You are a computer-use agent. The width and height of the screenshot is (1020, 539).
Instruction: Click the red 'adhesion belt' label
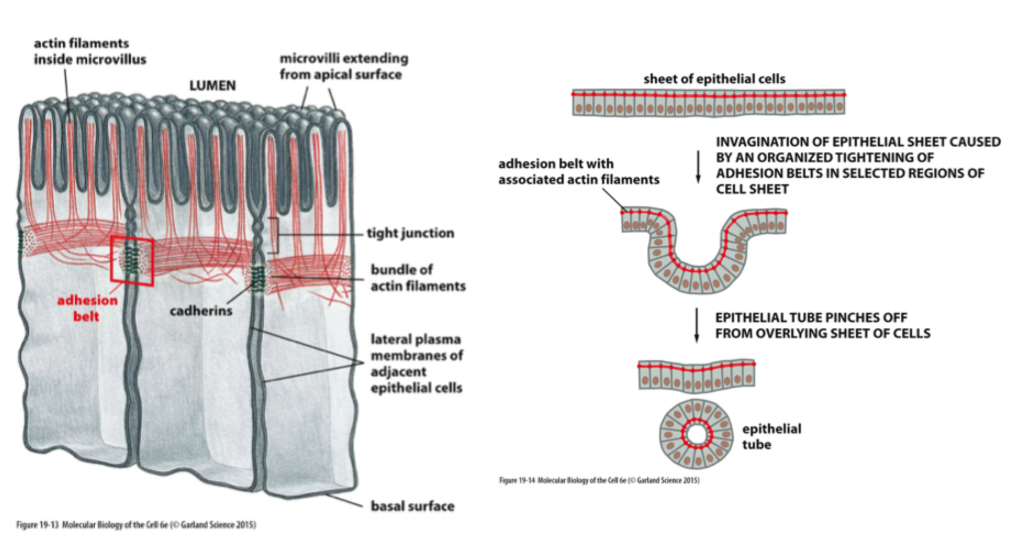pos(87,308)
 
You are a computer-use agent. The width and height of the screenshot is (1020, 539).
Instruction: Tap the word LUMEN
pos(212,86)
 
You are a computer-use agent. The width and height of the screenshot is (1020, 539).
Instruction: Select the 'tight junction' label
pos(410,233)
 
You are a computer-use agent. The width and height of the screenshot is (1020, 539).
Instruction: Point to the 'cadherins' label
pos(201,311)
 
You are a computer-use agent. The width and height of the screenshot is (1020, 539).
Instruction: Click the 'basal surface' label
pos(412,506)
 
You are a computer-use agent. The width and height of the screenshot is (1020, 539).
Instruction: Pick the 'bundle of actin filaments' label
pos(418,278)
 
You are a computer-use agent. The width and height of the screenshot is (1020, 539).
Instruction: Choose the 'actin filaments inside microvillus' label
pos(90,51)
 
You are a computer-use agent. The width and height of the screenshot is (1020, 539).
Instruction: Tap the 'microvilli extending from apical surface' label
pos(343,66)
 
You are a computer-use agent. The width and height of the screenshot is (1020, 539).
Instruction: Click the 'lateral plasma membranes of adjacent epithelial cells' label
pos(417,364)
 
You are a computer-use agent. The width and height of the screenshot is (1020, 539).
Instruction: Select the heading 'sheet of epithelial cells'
pos(714,79)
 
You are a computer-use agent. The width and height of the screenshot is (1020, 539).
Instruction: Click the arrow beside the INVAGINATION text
pos(698,166)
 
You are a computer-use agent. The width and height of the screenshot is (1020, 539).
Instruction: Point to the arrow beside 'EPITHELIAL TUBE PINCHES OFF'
pos(697,325)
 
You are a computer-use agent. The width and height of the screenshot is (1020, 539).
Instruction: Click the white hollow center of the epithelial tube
pos(696,435)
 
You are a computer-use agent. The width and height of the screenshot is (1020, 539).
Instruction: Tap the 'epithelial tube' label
pos(771,437)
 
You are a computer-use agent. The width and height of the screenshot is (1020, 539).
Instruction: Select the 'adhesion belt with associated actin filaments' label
pos(578,172)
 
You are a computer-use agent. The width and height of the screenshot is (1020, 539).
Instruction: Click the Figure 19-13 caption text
pos(136,525)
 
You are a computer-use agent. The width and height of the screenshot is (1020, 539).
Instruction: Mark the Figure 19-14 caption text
pos(599,480)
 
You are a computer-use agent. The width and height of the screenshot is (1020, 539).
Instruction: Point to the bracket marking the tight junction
pos(273,235)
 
